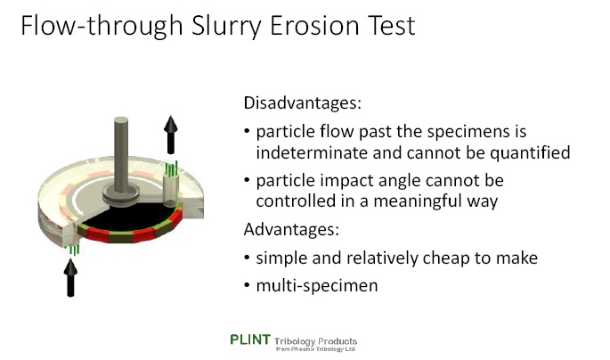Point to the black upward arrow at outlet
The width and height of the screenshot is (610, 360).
click(171, 134)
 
